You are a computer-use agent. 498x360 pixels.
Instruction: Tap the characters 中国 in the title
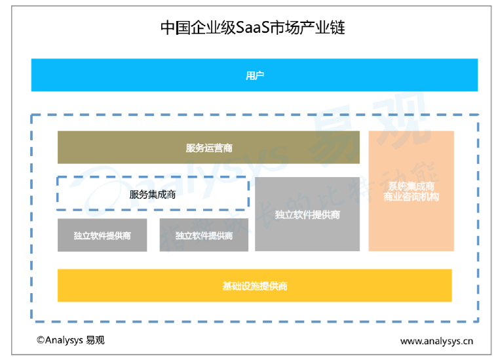175,28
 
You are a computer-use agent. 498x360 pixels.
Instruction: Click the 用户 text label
254,75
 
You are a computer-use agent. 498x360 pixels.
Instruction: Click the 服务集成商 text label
152,194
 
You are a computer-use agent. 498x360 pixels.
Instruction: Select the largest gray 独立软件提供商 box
307,214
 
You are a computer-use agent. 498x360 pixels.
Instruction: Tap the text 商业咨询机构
411,197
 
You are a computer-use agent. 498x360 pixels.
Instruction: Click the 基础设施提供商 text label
254,286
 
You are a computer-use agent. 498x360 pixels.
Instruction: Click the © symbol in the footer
41,340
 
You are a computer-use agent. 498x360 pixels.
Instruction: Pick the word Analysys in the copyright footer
64,340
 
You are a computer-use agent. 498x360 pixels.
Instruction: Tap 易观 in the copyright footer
95,340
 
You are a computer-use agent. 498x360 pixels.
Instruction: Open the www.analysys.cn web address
436,341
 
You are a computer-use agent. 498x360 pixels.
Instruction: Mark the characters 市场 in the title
286,28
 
